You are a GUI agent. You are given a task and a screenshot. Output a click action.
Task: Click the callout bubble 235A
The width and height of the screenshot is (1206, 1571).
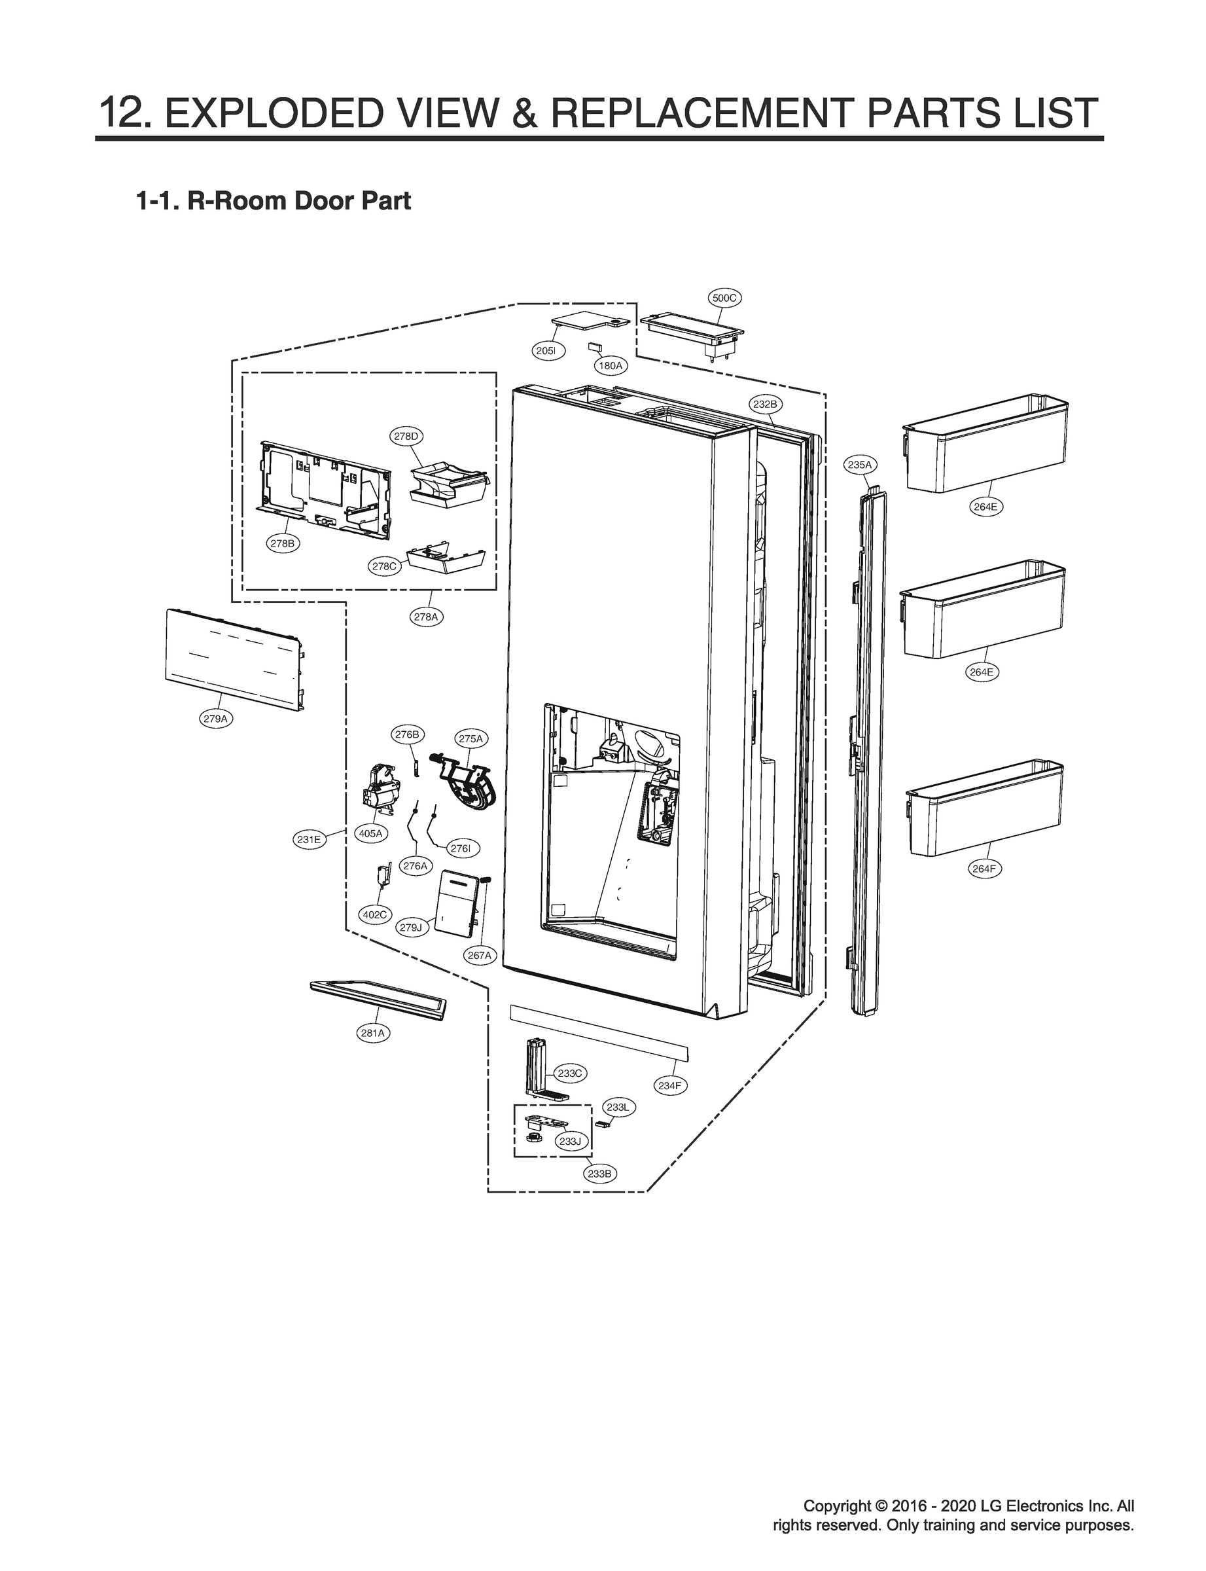pyautogui.click(x=859, y=465)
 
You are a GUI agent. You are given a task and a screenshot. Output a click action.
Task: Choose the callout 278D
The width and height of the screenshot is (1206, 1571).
pyautogui.click(x=406, y=436)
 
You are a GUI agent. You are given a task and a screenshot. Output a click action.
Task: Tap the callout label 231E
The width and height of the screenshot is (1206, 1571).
pyautogui.click(x=309, y=839)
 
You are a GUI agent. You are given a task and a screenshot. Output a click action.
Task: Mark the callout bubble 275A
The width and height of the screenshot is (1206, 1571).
pyautogui.click(x=471, y=738)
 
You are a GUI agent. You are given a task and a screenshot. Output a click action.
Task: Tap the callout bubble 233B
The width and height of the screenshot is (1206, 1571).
pyautogui.click(x=599, y=1173)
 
